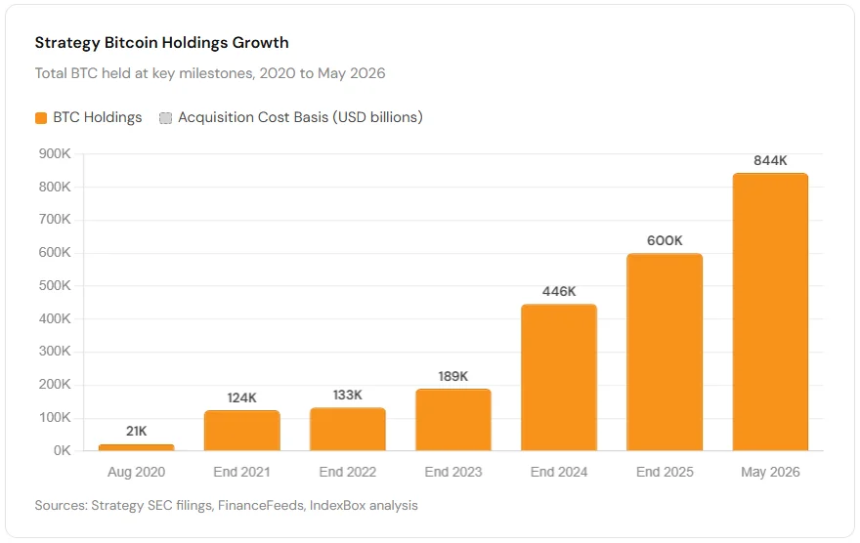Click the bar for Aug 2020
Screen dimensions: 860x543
(136, 447)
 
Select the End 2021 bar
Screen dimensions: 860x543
(242, 430)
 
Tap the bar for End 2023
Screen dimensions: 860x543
(453, 420)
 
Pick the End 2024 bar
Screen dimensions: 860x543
(559, 377)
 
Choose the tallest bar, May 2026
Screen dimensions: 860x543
(770, 312)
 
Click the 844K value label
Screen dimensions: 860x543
(770, 160)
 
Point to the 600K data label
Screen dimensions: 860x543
(665, 240)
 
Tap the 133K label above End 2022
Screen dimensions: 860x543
(348, 396)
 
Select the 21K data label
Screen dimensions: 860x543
(136, 432)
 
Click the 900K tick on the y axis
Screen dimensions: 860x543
(55, 154)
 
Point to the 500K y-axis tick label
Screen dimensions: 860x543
(55, 285)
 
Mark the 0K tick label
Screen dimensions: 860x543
(62, 450)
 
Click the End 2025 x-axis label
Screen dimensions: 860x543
(665, 472)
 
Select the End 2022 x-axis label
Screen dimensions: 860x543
(348, 472)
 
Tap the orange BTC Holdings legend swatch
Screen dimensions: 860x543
(41, 118)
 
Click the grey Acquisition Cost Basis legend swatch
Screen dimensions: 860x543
(165, 118)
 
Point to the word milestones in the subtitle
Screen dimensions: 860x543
(216, 73)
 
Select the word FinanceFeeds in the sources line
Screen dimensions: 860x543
(261, 505)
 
